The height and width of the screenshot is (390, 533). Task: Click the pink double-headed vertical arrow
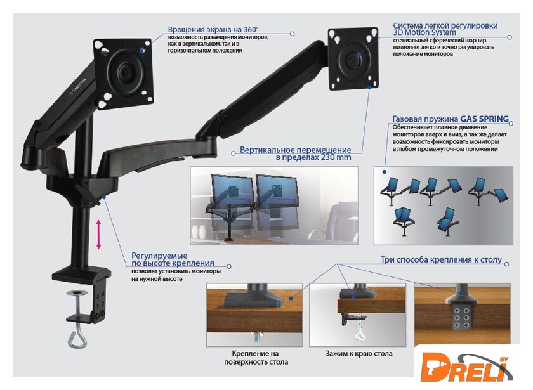pos(98,235)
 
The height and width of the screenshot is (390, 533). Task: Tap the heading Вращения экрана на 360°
pos(213,30)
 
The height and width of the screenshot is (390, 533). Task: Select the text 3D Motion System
pos(424,32)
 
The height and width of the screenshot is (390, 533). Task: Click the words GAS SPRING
pos(484,119)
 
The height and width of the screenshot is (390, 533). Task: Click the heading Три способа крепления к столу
pos(441,259)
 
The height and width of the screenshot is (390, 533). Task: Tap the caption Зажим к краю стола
pos(359,354)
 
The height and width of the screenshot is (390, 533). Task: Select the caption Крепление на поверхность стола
pos(256,358)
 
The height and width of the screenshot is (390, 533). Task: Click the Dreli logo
pos(466,367)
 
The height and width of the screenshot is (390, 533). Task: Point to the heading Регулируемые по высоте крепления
pos(173,259)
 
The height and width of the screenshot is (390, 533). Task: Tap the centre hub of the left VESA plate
pos(124,72)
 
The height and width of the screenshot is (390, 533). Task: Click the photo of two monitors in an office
pos(274,205)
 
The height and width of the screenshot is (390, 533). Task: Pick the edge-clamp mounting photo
pos(358,315)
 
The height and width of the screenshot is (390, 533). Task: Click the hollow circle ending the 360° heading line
pos(292,34)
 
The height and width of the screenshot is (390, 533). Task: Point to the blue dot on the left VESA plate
pos(141,51)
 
